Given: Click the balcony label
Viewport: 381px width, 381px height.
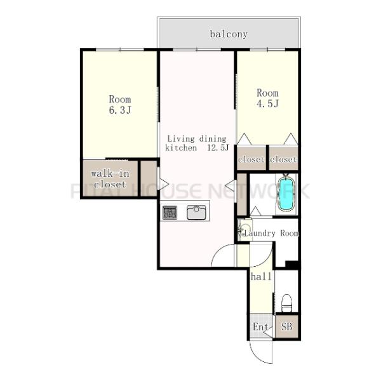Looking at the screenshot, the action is [x=229, y=34].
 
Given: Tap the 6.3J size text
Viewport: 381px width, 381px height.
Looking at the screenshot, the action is [x=120, y=110].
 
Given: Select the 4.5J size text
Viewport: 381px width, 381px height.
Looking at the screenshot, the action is [x=267, y=104].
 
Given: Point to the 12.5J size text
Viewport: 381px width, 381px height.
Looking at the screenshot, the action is [x=218, y=147].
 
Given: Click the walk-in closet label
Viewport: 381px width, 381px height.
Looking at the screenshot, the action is [x=110, y=179].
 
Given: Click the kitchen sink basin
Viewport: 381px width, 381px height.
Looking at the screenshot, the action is [x=196, y=212].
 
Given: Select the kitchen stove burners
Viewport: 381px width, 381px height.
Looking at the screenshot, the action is [x=170, y=212].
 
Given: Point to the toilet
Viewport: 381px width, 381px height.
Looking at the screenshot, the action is [x=286, y=303].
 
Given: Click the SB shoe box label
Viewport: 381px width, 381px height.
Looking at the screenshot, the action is [x=286, y=326].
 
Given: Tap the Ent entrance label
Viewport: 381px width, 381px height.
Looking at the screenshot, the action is [x=260, y=327].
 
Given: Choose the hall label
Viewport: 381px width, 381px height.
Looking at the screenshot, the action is [x=261, y=276].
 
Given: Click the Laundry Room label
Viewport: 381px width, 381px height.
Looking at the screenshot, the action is [x=271, y=233].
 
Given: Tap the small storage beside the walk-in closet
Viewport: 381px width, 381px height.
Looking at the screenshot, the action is [x=149, y=178].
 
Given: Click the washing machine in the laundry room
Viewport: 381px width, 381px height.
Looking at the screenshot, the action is [x=244, y=230].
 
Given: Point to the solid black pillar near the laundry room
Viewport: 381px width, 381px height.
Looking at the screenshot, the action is [x=292, y=264].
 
